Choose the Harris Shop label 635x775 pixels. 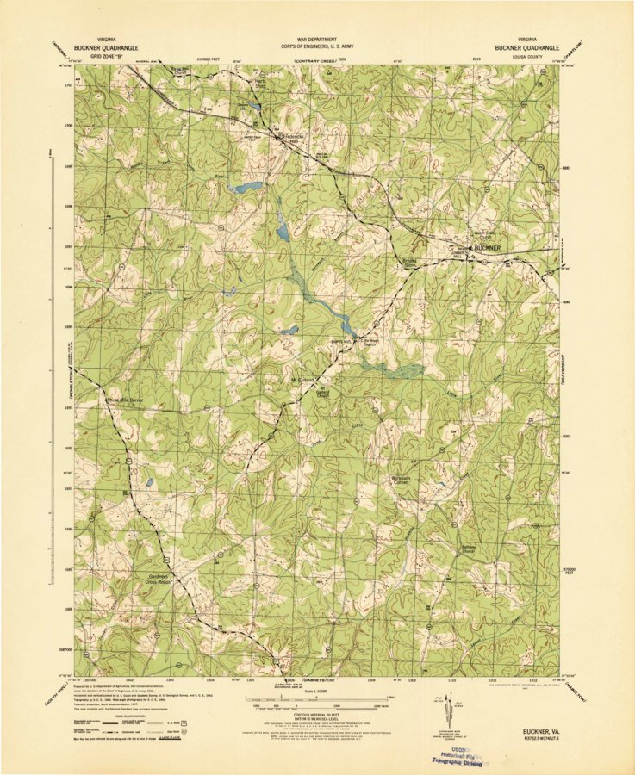tap(260, 85)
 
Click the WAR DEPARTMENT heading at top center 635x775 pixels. tap(316, 40)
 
